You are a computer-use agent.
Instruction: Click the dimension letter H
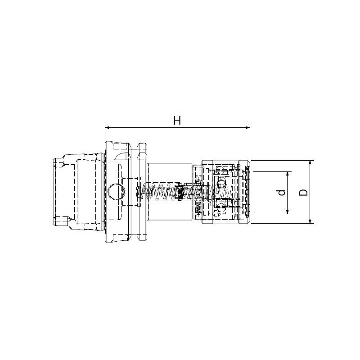click(x=177, y=120)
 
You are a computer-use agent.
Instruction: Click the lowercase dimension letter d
click(x=281, y=193)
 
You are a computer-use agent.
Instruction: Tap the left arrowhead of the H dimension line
click(x=108, y=128)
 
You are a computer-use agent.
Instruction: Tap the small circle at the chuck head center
click(x=220, y=183)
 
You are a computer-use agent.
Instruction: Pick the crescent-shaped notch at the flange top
click(x=123, y=156)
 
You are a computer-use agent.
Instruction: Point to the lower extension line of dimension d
click(x=270, y=214)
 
